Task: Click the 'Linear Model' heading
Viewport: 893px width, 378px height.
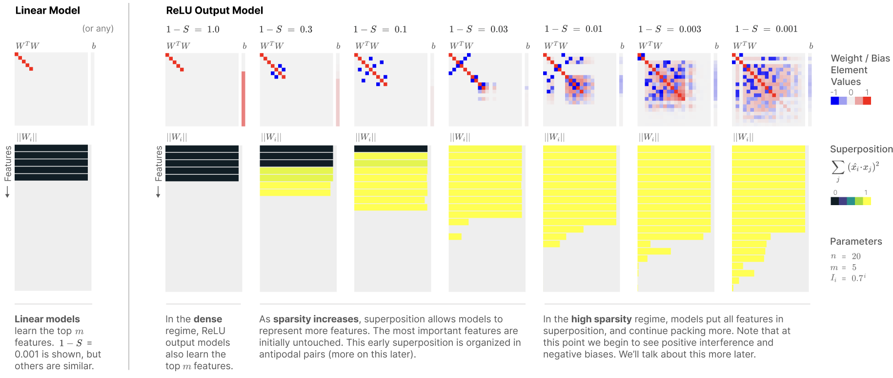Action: [x=47, y=10]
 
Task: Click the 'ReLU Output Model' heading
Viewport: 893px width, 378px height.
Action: [x=214, y=10]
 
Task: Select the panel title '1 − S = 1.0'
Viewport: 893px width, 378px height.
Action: [x=193, y=29]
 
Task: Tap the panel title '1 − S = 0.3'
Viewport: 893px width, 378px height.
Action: [x=286, y=29]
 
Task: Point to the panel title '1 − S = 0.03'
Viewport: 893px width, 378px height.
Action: [x=478, y=29]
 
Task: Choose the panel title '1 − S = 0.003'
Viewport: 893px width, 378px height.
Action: [x=670, y=29]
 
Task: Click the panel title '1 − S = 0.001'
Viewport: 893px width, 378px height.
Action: [x=766, y=29]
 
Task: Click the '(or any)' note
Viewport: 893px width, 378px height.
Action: [x=98, y=28]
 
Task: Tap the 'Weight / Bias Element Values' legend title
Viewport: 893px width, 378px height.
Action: [x=860, y=70]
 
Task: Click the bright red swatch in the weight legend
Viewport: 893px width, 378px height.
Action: [x=867, y=101]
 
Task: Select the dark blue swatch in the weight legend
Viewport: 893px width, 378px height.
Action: [x=834, y=101]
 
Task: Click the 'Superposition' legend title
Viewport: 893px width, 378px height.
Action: [x=861, y=149]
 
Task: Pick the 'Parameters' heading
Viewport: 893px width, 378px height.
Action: [x=856, y=241]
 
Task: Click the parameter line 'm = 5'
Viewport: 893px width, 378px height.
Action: [x=844, y=268]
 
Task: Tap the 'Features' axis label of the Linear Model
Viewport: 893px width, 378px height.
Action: [x=8, y=164]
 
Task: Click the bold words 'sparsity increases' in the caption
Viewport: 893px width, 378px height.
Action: [x=316, y=319]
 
